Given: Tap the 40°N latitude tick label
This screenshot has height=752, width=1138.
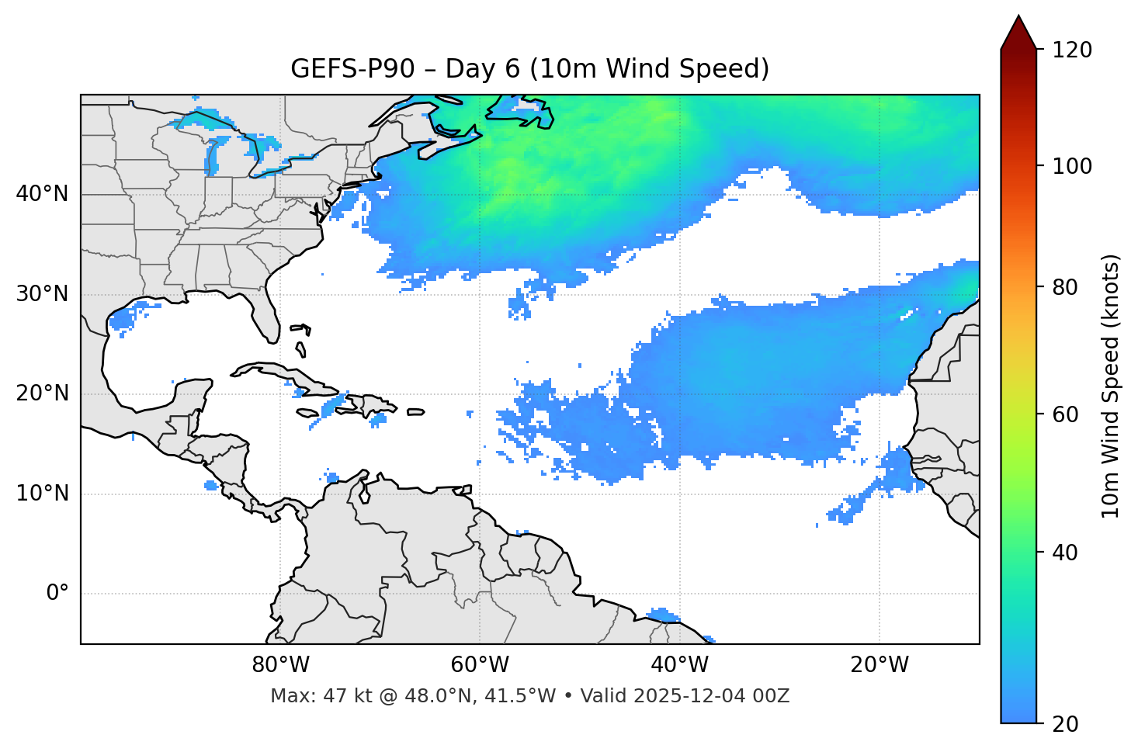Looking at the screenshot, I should (42, 194).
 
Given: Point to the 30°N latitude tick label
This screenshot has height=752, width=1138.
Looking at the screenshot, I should (42, 294).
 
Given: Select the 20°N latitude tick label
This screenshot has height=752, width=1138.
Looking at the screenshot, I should (42, 393).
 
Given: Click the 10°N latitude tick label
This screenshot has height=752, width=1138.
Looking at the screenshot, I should (42, 494).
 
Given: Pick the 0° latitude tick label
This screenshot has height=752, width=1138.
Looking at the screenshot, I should (57, 594).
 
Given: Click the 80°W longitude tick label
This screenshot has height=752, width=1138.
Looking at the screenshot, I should (280, 665).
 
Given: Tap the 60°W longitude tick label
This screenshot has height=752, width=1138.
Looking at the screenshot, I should (480, 665).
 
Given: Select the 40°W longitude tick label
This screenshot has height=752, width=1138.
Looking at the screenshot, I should (679, 665).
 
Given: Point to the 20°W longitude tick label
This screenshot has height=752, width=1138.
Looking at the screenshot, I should (879, 665).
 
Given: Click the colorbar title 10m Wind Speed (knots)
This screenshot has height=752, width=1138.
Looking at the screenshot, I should (1111, 386).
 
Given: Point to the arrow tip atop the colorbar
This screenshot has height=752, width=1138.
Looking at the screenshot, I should (1018, 17).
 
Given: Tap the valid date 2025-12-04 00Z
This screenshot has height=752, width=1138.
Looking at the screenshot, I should (711, 696).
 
